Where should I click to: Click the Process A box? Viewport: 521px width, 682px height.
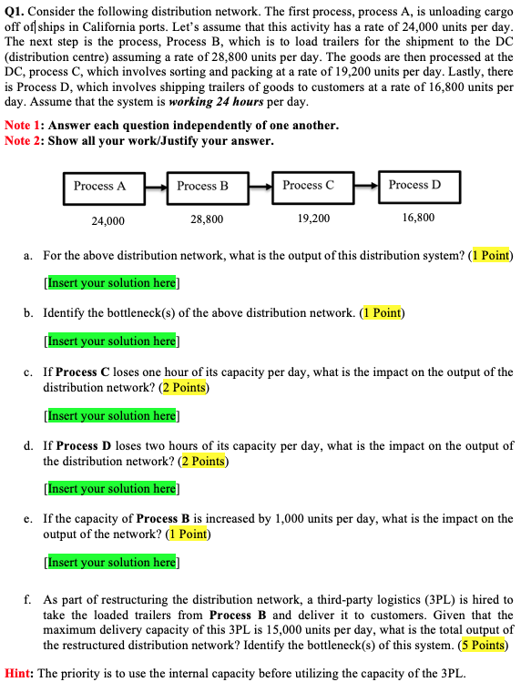pyautogui.click(x=100, y=186)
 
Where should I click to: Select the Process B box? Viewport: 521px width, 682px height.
pyautogui.click(x=203, y=186)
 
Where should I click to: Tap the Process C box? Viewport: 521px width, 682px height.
pyautogui.click(x=308, y=186)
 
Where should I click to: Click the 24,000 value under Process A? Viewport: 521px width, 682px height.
pyautogui.click(x=108, y=220)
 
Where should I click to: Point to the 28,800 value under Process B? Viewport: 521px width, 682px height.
pyautogui.click(x=207, y=219)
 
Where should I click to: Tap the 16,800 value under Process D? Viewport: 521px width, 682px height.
pyautogui.click(x=418, y=218)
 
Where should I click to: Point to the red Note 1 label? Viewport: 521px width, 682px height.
pyautogui.click(x=23, y=125)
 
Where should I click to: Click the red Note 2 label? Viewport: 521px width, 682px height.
pyautogui.click(x=23, y=140)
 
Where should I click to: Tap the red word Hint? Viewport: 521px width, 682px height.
pyautogui.click(x=18, y=674)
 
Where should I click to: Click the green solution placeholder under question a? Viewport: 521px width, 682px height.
pyautogui.click(x=111, y=283)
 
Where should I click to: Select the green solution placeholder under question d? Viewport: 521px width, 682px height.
pyautogui.click(x=111, y=489)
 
